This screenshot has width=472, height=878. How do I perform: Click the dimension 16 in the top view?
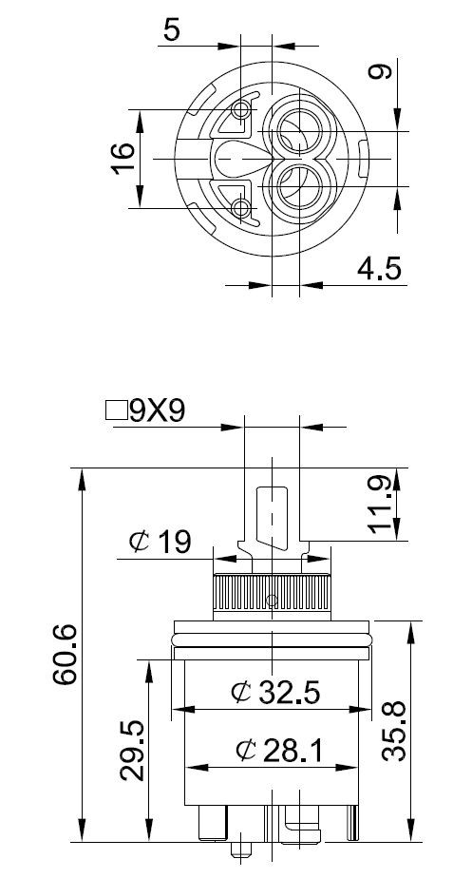pyautogui.click(x=123, y=157)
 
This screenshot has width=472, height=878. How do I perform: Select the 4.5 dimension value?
pyautogui.click(x=380, y=269)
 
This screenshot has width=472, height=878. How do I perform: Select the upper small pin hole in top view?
pyautogui.click(x=242, y=110)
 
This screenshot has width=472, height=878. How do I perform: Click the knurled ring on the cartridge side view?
pyautogui.click(x=272, y=594)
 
